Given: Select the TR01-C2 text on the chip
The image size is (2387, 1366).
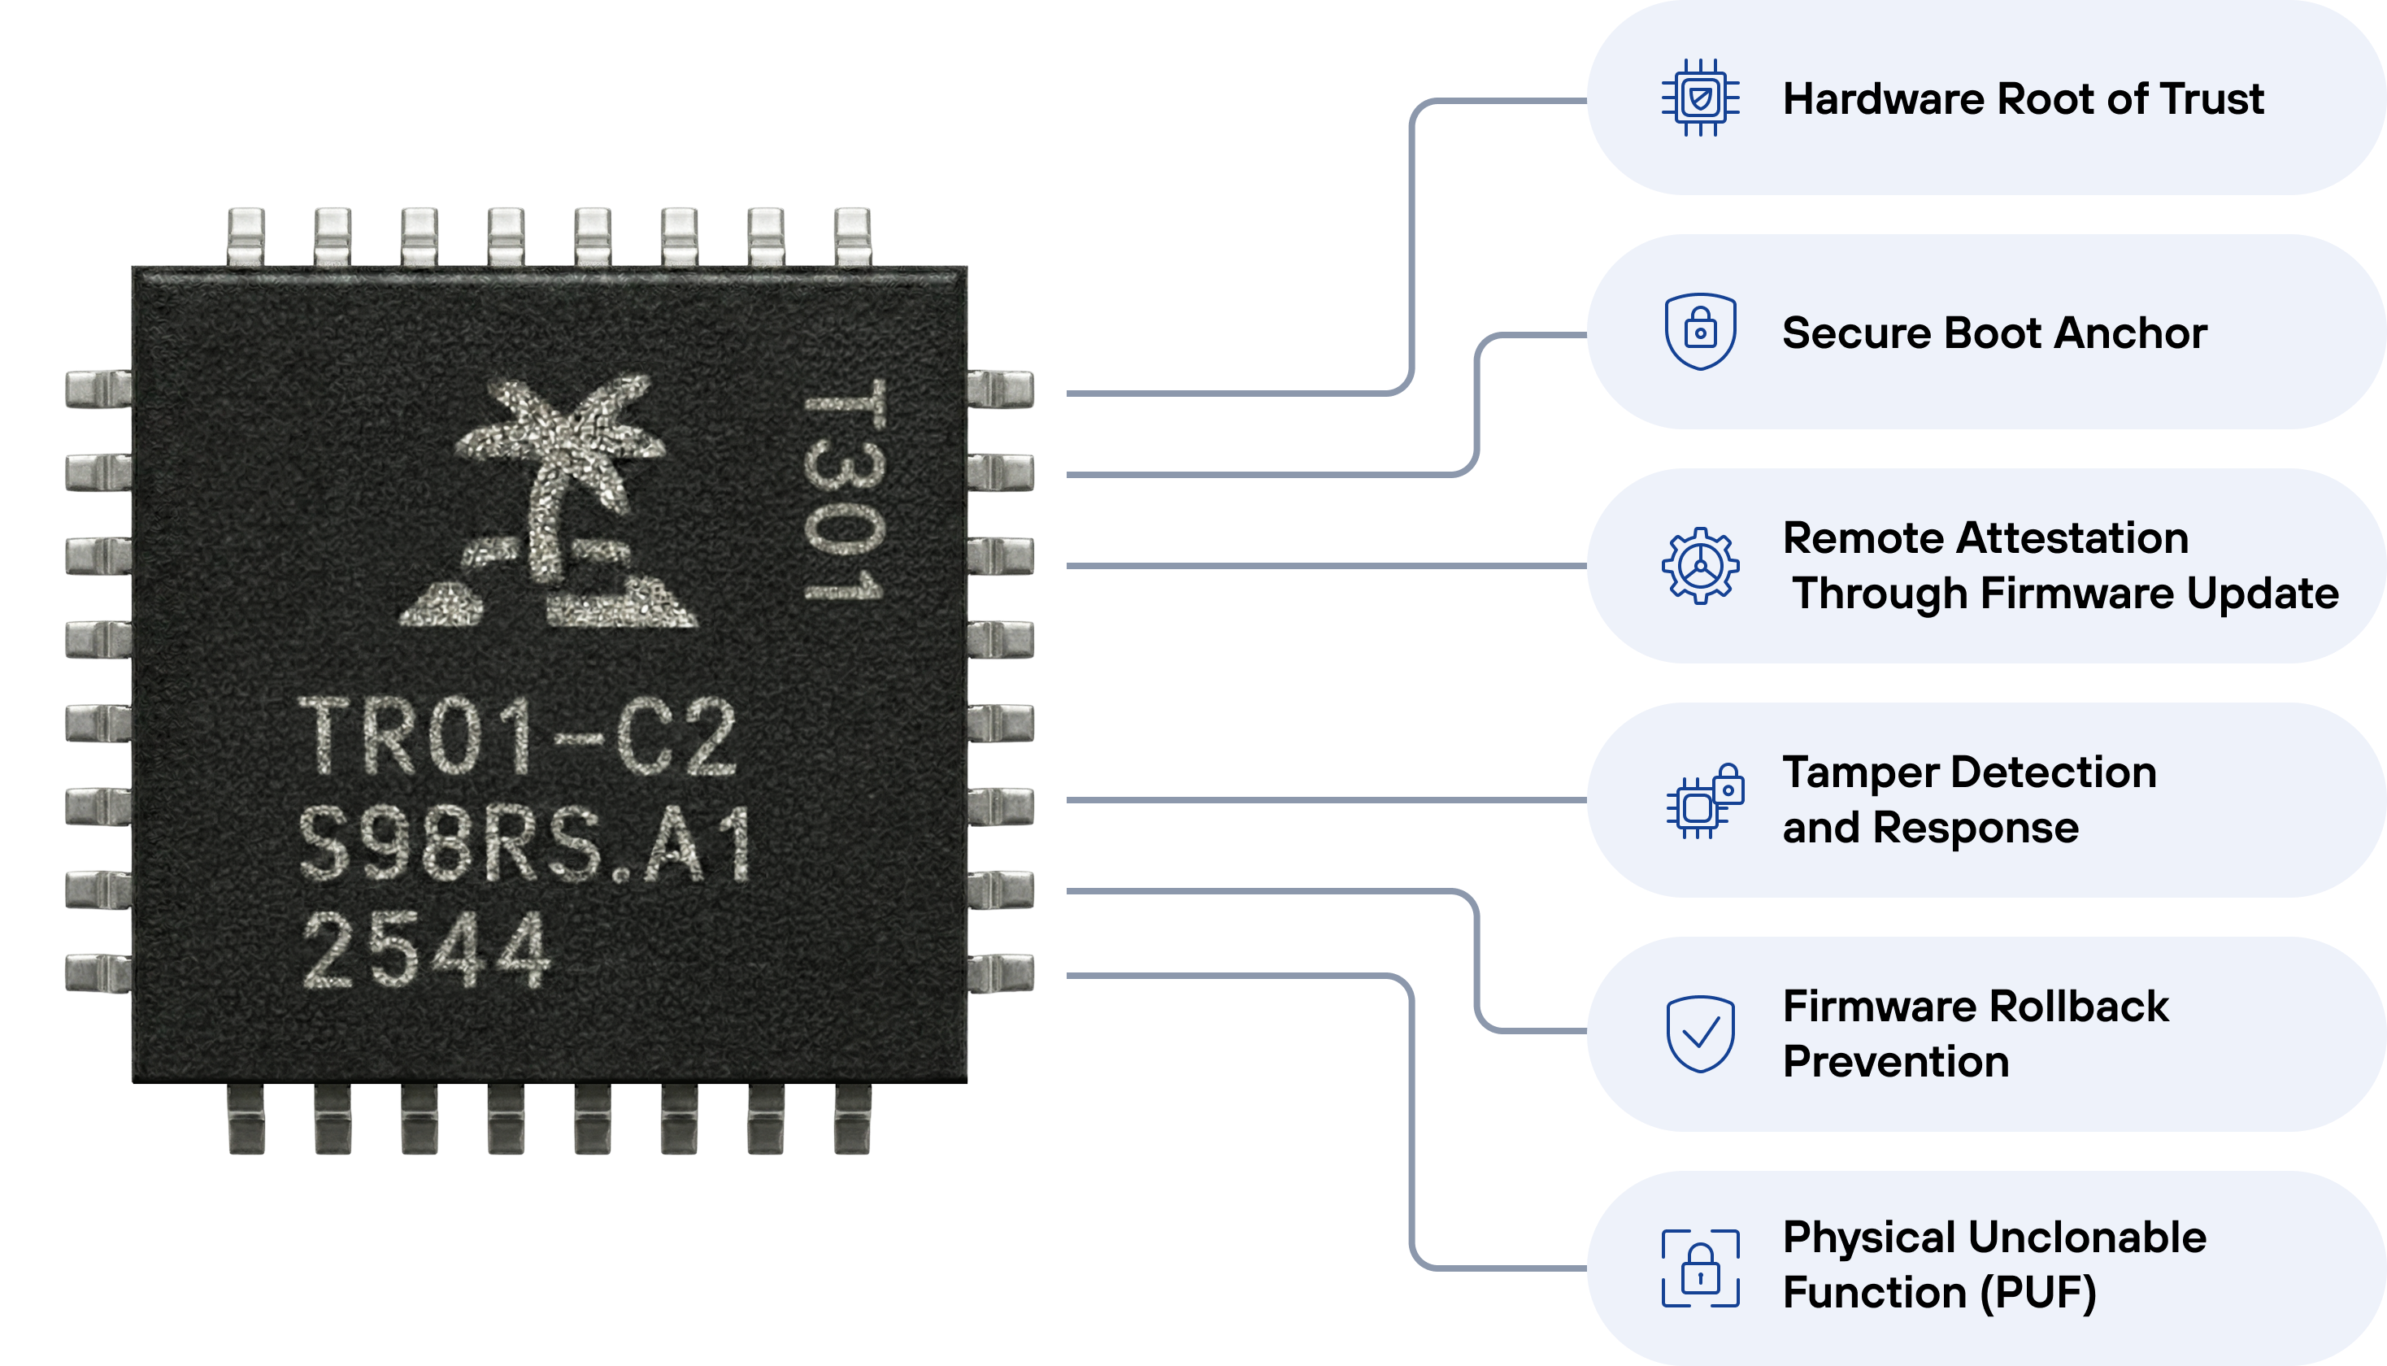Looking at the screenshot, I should [518, 739].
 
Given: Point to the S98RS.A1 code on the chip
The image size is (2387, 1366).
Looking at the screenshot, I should [525, 844].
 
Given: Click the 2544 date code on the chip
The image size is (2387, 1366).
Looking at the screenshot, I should [427, 951].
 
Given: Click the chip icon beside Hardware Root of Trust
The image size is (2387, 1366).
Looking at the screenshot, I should [1699, 98].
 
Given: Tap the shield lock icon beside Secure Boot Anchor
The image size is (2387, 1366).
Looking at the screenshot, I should [1699, 332].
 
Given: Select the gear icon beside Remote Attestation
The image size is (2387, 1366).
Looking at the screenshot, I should [1699, 566].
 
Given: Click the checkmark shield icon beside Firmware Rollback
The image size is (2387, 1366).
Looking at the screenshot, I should [1699, 1034].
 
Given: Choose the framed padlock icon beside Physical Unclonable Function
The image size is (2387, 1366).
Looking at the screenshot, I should [1699, 1268].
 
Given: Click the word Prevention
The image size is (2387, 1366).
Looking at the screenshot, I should [1895, 1062].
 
